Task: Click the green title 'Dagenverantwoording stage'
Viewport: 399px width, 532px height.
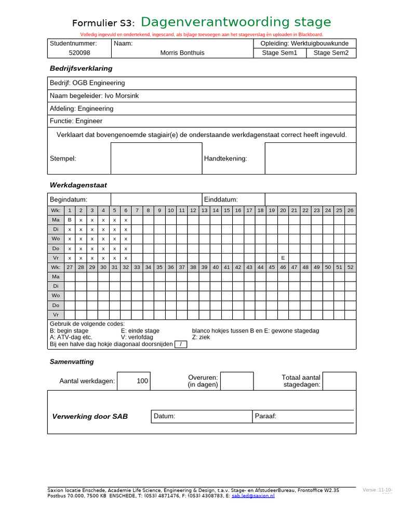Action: click(235, 22)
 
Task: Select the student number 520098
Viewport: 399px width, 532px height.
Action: click(79, 53)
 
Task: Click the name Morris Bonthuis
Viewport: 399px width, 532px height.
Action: click(182, 53)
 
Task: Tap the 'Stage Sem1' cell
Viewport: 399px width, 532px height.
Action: click(280, 53)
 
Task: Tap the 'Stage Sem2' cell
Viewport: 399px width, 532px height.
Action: click(331, 53)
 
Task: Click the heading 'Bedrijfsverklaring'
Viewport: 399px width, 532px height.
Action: click(81, 69)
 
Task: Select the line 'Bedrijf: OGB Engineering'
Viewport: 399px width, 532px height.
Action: click(87, 83)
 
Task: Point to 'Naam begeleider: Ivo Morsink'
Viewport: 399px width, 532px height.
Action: click(94, 96)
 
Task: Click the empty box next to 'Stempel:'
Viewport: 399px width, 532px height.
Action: click(156, 158)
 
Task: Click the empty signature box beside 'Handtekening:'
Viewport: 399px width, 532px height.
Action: click(310, 158)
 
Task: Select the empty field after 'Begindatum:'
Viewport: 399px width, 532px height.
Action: click(156, 199)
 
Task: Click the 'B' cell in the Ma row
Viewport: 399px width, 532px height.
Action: click(70, 220)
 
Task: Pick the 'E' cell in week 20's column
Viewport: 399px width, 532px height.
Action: click(283, 258)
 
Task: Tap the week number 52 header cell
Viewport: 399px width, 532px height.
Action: click(351, 267)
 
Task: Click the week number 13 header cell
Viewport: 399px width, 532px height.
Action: click(204, 210)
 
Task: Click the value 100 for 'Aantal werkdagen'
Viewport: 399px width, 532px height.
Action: click(142, 381)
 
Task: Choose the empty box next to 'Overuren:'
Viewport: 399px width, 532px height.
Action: click(237, 381)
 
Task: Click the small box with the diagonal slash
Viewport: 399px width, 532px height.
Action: click(181, 344)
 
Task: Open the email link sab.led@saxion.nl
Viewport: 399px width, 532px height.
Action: click(253, 496)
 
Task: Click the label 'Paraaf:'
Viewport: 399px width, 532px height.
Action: click(265, 416)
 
